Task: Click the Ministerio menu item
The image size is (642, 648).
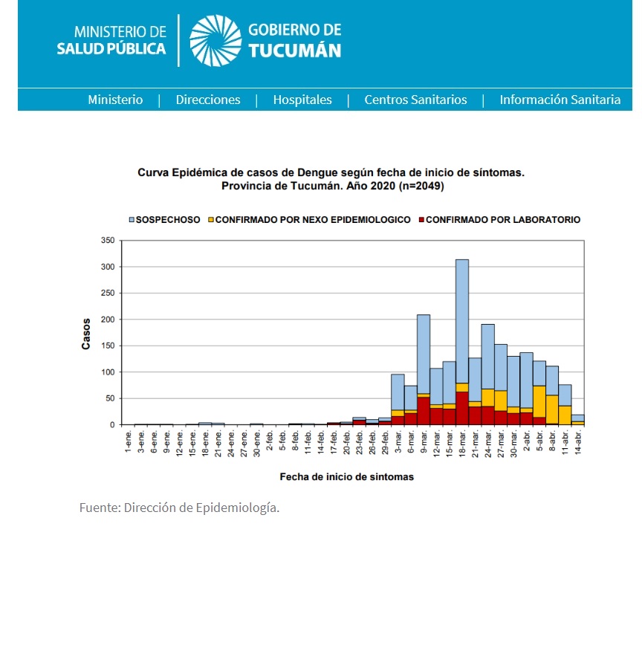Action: (x=115, y=100)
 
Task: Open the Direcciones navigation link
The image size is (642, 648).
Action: (x=208, y=100)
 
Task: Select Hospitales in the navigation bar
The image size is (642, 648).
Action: (x=302, y=100)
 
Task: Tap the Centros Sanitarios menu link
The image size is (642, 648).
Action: (x=415, y=100)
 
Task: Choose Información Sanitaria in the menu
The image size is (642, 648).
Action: (x=560, y=100)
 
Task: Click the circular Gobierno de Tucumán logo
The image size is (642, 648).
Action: (x=215, y=40)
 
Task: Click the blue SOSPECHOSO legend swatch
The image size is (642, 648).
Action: (x=132, y=220)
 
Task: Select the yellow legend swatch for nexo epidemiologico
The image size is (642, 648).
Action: (x=212, y=220)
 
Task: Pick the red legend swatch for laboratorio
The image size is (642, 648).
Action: (x=422, y=220)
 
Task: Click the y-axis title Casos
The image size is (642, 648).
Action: (x=86, y=334)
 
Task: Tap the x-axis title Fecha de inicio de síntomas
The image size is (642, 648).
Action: (x=346, y=476)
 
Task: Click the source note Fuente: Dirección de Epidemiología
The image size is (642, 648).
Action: (x=179, y=508)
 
